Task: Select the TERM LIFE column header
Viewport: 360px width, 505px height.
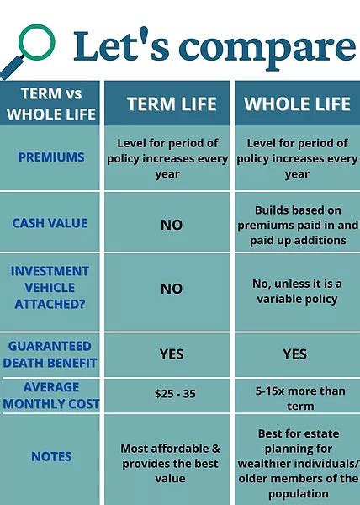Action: coord(172,104)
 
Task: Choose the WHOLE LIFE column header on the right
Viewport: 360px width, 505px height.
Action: coord(297,104)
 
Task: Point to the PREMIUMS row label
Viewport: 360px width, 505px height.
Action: coord(51,157)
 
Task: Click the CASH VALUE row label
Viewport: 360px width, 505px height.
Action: coord(50,223)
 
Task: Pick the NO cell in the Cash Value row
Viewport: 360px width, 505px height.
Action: coord(172,225)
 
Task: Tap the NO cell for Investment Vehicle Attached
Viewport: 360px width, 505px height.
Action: coord(172,289)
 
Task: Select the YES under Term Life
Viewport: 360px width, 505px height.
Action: coord(172,354)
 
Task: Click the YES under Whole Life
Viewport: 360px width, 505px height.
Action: coord(294,354)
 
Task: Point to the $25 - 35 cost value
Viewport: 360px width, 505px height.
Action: coord(175,394)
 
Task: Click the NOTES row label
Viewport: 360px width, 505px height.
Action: coord(51,456)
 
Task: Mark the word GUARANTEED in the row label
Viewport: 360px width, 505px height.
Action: coord(50,346)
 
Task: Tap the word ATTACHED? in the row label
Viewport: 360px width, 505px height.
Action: coord(50,304)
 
